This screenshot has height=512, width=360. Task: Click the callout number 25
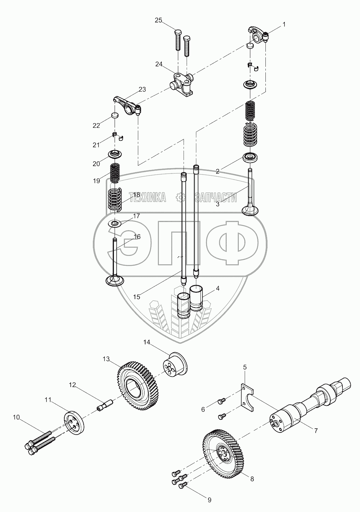pyautogui.click(x=158, y=20)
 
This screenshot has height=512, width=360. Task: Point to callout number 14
pyautogui.click(x=147, y=342)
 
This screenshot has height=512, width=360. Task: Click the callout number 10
pyautogui.click(x=17, y=417)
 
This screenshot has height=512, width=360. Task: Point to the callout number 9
pyautogui.click(x=210, y=499)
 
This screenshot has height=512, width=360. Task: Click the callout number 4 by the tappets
pyautogui.click(x=218, y=288)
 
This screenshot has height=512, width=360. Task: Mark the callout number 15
pyautogui.click(x=137, y=297)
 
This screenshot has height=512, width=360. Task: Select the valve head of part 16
pyautogui.click(x=115, y=280)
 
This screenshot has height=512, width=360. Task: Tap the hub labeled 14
pyautogui.click(x=175, y=365)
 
